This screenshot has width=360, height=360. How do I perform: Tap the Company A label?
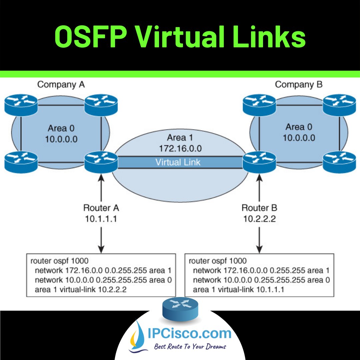[x=61, y=85]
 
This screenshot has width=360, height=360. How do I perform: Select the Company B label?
[x=299, y=85]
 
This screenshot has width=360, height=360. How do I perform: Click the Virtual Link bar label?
[x=178, y=162]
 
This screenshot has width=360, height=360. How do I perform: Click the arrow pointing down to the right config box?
[x=259, y=242]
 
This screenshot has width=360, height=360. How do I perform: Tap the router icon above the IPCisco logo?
[x=180, y=309]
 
